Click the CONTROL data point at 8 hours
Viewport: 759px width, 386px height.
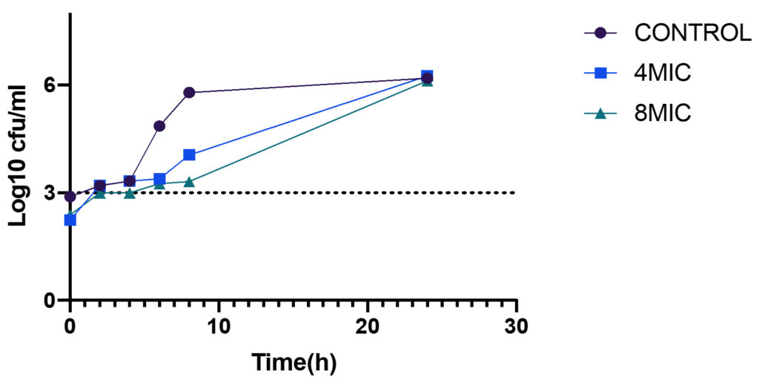[x=189, y=92]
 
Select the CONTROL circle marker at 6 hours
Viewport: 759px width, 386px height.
[x=159, y=125]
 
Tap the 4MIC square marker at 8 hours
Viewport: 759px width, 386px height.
[x=189, y=154]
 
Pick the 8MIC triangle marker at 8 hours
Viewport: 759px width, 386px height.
[x=189, y=182]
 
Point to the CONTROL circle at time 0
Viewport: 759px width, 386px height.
[x=70, y=197]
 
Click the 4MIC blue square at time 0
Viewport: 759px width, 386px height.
[x=70, y=220]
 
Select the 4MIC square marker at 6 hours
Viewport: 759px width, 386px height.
[x=159, y=179]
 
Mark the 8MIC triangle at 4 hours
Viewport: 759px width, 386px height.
[x=130, y=194]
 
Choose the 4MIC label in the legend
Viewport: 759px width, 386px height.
[x=663, y=73]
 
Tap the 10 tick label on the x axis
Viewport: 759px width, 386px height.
[x=219, y=327]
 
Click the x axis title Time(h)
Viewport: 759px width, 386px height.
[x=294, y=363]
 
